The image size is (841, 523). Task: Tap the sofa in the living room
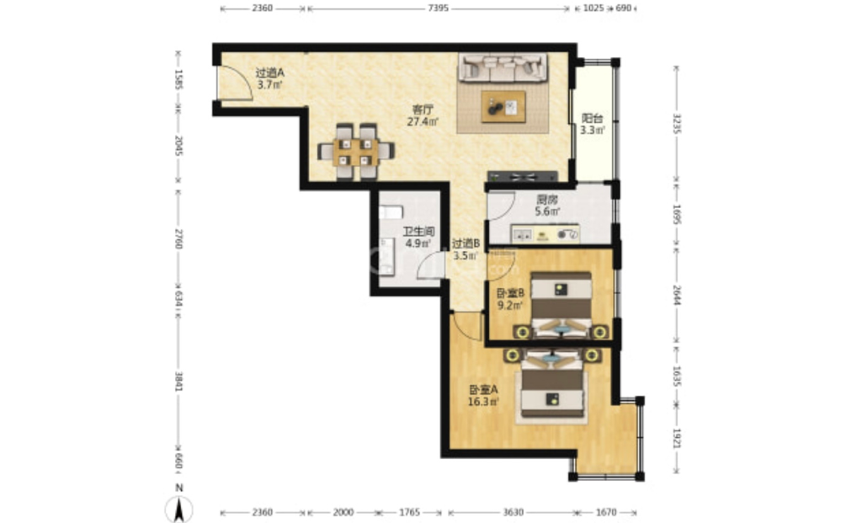503,67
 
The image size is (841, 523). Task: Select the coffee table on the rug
503,107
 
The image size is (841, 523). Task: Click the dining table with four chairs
355,152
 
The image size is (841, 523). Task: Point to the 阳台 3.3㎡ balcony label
593,124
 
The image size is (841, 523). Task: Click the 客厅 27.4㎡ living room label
423,115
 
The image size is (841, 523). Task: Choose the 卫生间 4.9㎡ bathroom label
418,237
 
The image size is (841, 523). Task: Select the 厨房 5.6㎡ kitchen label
547,205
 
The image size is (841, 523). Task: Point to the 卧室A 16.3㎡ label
483,395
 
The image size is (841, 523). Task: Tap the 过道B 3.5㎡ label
466,249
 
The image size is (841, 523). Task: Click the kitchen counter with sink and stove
546,234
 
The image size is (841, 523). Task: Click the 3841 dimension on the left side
178,382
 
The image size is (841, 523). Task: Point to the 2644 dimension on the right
676,295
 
